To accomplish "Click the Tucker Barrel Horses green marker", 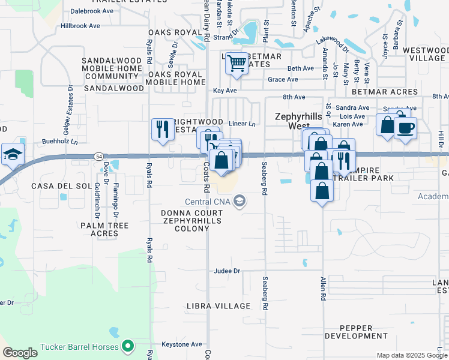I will click(127, 346).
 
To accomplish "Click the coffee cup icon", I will click(405, 128).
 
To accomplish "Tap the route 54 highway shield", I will click(98, 156).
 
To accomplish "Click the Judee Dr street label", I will click(227, 271).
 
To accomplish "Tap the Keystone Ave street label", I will click(182, 344).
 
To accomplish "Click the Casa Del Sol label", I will click(61, 186).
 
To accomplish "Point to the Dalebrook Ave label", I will click(91, 11).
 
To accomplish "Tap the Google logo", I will click(20, 352).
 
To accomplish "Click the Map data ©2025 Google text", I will click(412, 355).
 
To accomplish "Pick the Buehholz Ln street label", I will click(60, 142).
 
